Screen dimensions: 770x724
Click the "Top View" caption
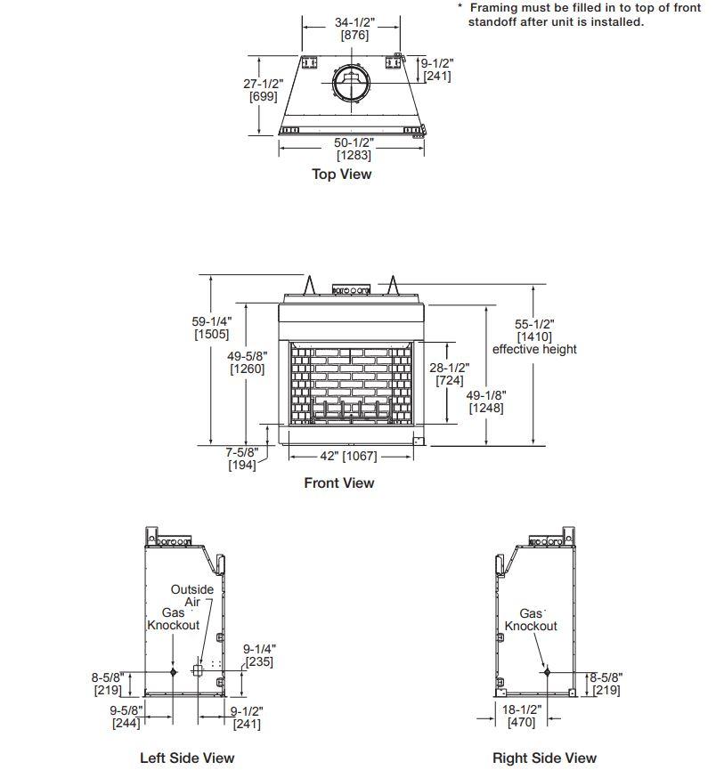pyautogui.click(x=341, y=174)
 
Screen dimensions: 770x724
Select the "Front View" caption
pyautogui.click(x=339, y=483)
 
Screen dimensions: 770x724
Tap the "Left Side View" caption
pyautogui.click(x=187, y=758)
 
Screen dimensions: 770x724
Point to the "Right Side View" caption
pyautogui.click(x=544, y=758)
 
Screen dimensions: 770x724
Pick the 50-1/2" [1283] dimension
pyautogui.click(x=354, y=149)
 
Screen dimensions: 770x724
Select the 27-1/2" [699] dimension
pyautogui.click(x=263, y=90)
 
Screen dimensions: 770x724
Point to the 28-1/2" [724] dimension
pyautogui.click(x=450, y=374)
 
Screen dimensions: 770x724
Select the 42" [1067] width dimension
pyautogui.click(x=348, y=456)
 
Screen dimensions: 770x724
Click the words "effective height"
pyautogui.click(x=534, y=349)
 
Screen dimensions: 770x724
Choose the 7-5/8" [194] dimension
pyautogui.click(x=241, y=459)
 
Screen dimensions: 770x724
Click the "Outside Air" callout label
pyautogui.click(x=192, y=596)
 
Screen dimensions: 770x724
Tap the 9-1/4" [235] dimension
pyautogui.click(x=257, y=656)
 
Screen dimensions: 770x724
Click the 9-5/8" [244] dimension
pyautogui.click(x=127, y=717)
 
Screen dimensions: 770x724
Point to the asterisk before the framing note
pyautogui.click(x=460, y=7)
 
